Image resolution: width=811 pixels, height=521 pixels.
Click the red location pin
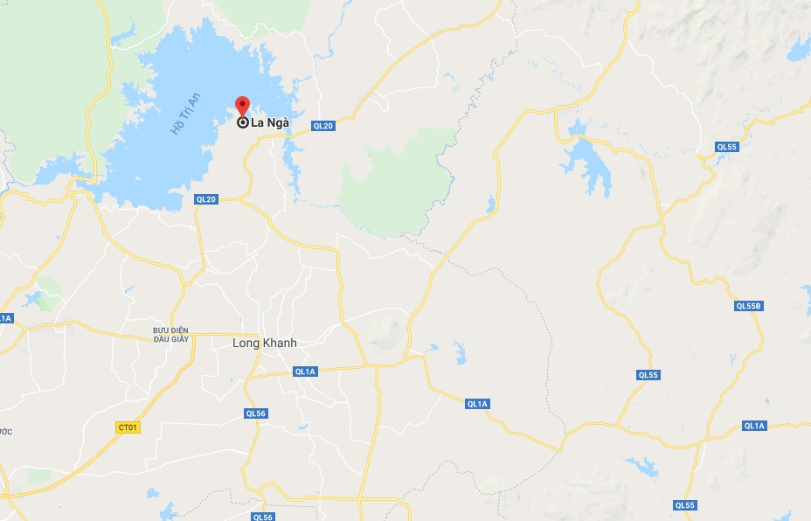242,106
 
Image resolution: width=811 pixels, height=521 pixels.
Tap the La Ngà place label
270,123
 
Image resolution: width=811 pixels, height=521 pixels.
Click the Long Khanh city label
264,344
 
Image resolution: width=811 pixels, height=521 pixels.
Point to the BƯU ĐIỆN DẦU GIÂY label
171,335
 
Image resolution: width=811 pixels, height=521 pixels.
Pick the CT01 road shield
128,427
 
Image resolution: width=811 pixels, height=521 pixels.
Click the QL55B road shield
749,306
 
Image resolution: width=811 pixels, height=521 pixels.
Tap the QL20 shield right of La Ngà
322,126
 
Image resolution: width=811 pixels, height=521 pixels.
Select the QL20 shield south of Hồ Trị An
205,199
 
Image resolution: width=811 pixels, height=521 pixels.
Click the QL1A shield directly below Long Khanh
305,372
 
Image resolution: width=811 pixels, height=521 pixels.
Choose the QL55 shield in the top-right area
727,147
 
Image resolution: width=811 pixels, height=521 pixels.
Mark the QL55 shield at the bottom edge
685,505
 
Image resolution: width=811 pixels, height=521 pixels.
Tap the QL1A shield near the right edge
754,426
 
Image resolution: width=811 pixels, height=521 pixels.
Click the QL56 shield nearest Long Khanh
254,413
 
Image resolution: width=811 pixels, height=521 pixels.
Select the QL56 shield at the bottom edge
262,517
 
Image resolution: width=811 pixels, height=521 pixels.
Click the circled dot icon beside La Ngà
242,122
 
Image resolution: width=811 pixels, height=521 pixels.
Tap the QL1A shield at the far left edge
5,318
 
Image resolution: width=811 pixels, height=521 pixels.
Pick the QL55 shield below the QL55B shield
648,375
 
